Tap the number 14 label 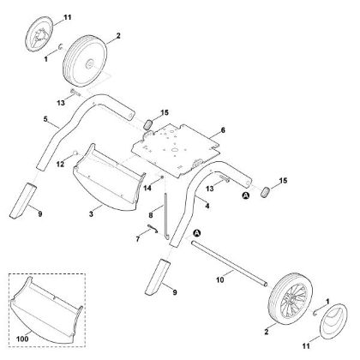click(x=147, y=187)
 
